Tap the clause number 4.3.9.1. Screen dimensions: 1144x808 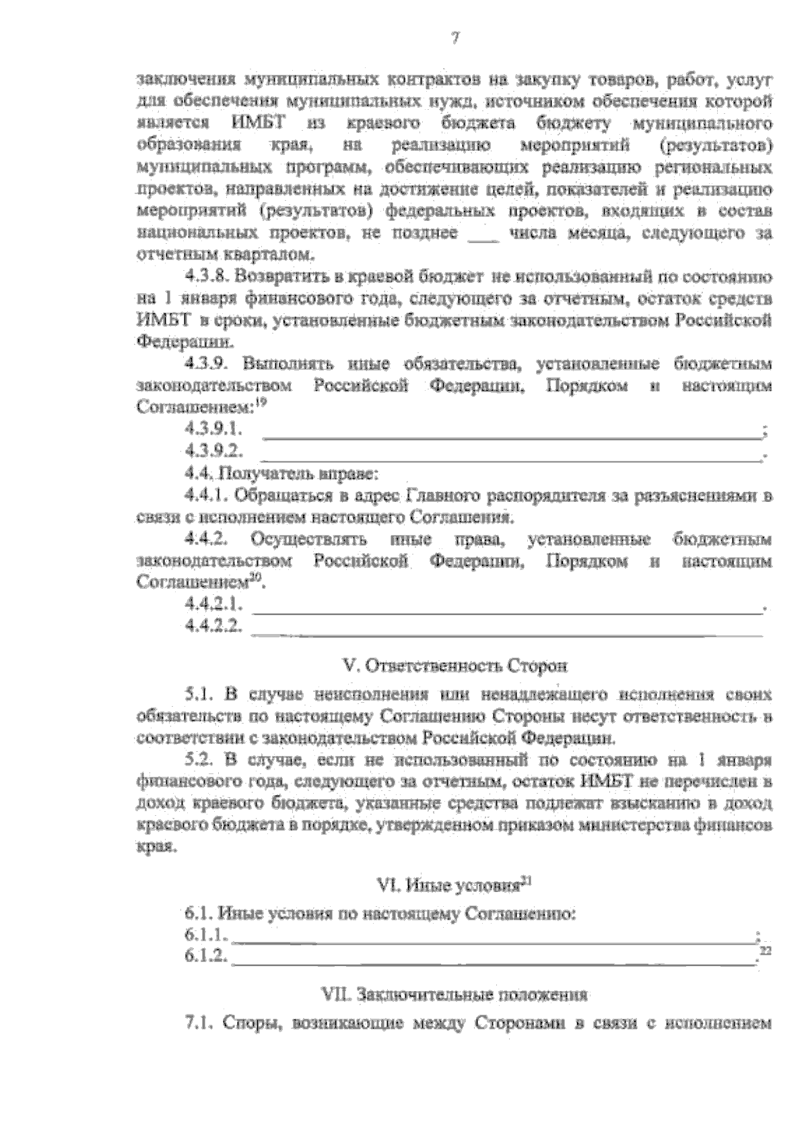tap(213, 429)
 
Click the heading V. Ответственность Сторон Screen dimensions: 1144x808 tap(456, 666)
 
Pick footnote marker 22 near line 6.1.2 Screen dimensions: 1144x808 tap(764, 951)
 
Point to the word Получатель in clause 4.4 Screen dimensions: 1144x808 tap(263, 474)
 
